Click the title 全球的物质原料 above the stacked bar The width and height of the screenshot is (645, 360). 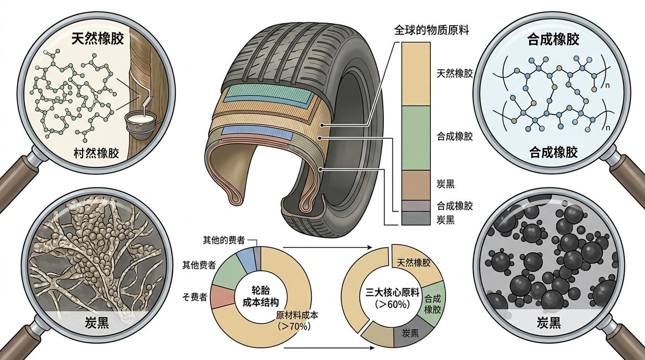431,31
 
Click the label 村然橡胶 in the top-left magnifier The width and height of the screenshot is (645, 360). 97,153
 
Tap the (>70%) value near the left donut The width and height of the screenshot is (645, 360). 294,326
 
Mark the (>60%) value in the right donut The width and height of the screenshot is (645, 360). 392,304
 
